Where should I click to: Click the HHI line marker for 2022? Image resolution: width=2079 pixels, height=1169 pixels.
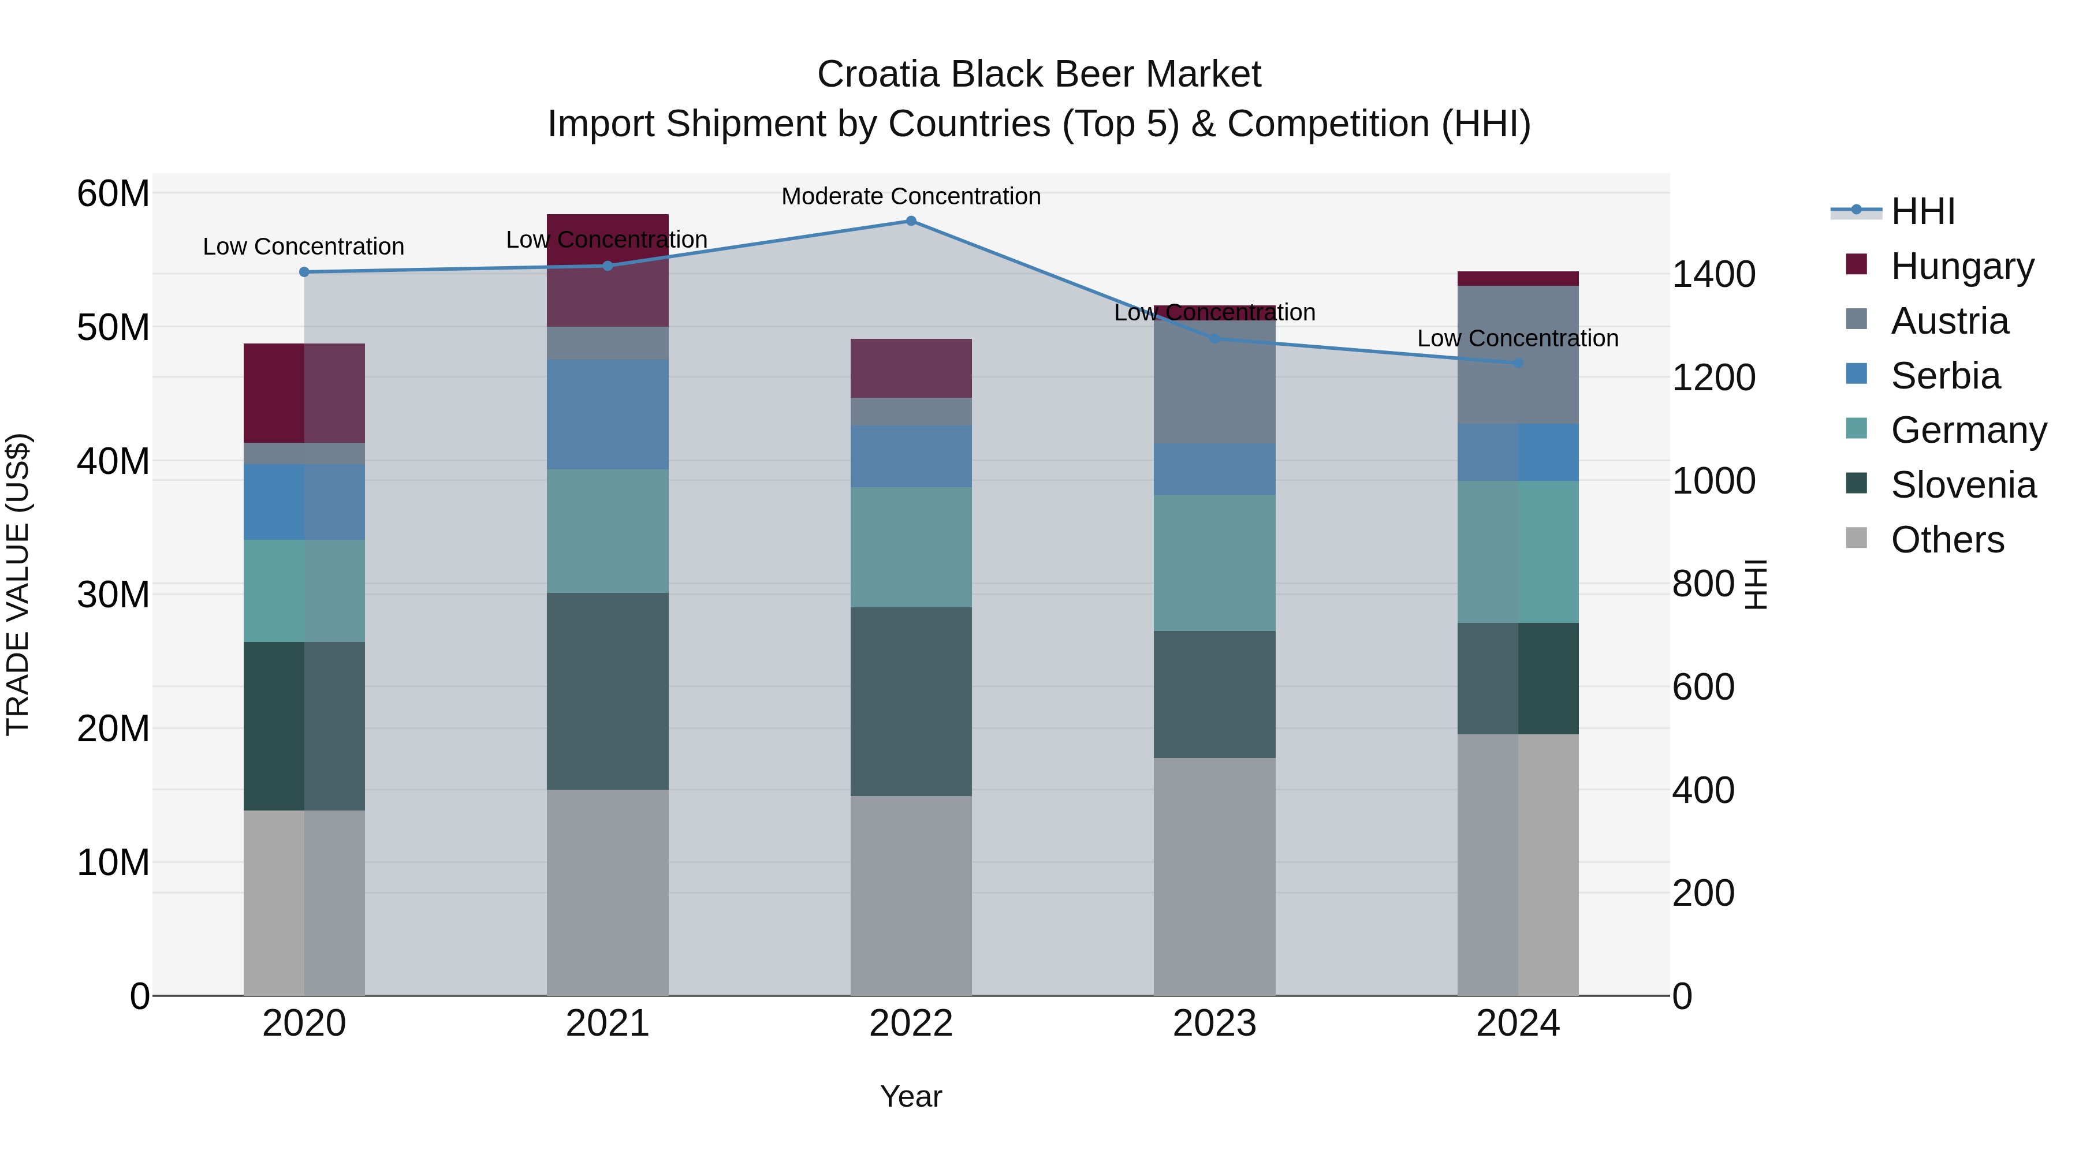pyautogui.click(x=911, y=221)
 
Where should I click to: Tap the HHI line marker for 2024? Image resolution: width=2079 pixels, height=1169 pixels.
pyautogui.click(x=1518, y=364)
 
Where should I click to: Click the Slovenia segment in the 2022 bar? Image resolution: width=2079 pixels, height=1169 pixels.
pyautogui.click(x=911, y=702)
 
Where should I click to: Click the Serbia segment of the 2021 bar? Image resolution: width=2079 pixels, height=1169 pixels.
pyautogui.click(x=608, y=414)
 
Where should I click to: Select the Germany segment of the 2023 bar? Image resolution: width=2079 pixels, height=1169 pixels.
pyautogui.click(x=1214, y=563)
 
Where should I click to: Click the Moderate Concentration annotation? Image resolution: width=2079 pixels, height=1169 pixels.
pyautogui.click(x=911, y=197)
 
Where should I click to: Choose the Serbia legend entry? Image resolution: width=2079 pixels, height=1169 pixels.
pyautogui.click(x=1945, y=376)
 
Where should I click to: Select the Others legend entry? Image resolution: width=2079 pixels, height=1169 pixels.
pyautogui.click(x=1947, y=540)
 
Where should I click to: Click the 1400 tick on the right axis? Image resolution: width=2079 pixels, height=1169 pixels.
pyautogui.click(x=1713, y=274)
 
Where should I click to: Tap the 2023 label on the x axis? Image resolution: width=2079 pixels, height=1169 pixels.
pyautogui.click(x=1214, y=1024)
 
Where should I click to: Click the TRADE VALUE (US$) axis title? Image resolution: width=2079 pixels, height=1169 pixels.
pyautogui.click(x=18, y=584)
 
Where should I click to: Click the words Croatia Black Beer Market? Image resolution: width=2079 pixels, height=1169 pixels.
pyautogui.click(x=1039, y=74)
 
